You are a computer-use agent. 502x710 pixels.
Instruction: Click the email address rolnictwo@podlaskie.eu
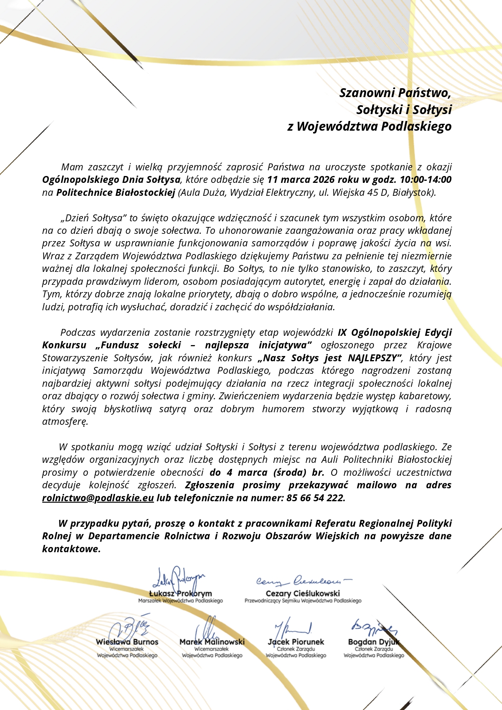click(x=98, y=498)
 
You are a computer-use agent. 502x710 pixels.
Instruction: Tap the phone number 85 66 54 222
click(x=315, y=498)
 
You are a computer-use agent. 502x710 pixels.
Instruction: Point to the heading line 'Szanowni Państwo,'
click(x=395, y=93)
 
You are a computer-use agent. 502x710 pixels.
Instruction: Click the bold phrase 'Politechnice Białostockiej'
click(x=115, y=193)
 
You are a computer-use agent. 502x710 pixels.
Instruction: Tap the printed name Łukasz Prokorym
click(x=180, y=593)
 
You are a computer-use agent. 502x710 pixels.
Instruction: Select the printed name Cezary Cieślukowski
click(x=303, y=593)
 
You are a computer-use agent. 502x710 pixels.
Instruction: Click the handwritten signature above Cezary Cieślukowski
click(x=303, y=581)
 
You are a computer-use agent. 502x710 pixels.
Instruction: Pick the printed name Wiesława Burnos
click(x=127, y=642)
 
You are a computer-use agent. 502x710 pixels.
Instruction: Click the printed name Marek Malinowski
click(x=212, y=642)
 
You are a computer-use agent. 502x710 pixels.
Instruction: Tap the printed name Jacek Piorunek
click(x=296, y=642)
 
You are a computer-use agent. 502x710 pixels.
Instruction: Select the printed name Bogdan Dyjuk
click(x=374, y=642)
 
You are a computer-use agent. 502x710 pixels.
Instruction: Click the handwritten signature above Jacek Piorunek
click(x=293, y=628)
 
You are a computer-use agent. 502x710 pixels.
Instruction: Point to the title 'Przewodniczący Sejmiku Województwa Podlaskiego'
click(x=303, y=601)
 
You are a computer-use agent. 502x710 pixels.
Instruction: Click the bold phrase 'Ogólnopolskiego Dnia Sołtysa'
click(x=111, y=180)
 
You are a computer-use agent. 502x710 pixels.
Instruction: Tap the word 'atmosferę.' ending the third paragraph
click(x=65, y=422)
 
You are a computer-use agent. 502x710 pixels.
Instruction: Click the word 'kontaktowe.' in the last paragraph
click(x=71, y=549)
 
